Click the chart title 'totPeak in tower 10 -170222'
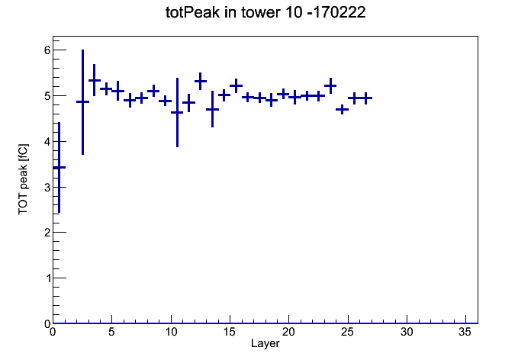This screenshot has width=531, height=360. point(265,12)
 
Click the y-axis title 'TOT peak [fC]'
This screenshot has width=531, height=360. point(24,179)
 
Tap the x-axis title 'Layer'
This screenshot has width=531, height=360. point(265,343)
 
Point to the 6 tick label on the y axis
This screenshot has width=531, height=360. point(47,50)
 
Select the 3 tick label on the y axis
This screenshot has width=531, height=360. point(47,188)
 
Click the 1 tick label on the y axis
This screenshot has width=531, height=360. point(47,278)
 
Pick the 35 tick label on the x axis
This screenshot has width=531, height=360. point(465,333)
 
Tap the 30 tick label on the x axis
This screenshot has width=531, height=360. point(407,333)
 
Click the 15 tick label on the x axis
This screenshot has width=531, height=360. point(230,333)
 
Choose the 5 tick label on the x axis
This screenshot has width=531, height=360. point(111,333)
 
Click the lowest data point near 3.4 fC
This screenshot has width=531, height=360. point(60,167)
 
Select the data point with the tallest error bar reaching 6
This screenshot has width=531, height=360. point(82,101)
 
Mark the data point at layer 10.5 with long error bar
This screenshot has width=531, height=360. point(177,112)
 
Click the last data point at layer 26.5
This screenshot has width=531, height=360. point(365,98)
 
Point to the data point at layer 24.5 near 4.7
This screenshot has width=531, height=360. point(342,109)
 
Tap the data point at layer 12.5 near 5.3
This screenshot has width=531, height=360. point(201,82)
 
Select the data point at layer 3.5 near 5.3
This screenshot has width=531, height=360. point(95,80)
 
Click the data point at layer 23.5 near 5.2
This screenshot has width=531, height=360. point(330,85)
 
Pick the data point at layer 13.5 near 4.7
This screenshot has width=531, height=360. point(212,109)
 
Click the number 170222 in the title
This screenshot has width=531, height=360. point(340,12)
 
